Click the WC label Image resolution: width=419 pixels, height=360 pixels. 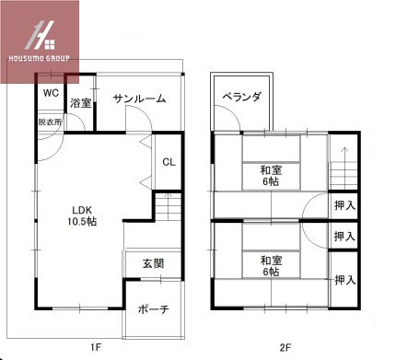click(x=49, y=93)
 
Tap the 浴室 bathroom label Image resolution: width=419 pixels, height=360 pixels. click(x=81, y=103)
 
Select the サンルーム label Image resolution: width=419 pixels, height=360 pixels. click(x=140, y=99)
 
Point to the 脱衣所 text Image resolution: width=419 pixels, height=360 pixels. click(x=50, y=122)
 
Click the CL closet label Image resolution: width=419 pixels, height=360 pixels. click(x=169, y=162)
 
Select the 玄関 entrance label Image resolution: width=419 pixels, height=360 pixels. click(x=153, y=264)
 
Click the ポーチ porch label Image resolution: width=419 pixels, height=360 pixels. click(x=153, y=309)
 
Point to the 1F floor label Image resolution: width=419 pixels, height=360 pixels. click(x=95, y=348)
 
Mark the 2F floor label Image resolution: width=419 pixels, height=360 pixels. click(x=285, y=348)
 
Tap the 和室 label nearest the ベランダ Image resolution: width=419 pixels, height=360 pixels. click(x=270, y=169)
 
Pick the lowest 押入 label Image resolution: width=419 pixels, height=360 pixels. click(x=345, y=280)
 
